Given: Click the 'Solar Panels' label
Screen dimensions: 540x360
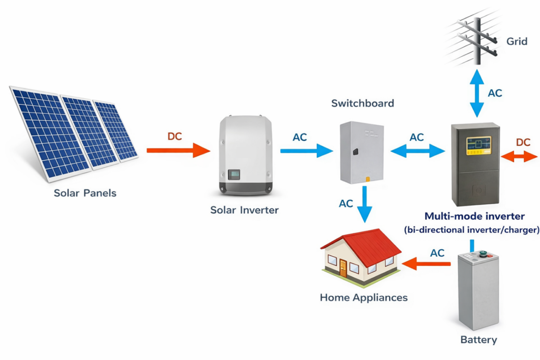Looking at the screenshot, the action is coord(85,193).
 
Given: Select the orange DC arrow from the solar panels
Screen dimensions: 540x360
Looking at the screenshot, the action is coord(178,150).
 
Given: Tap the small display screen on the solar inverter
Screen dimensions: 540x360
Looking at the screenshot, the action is coord(234,175).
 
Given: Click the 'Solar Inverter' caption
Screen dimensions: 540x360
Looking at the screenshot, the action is coord(244,210).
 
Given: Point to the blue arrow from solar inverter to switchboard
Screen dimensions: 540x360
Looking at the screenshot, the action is coord(306,151).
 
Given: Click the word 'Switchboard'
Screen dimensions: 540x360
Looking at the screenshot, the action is coord(363,103).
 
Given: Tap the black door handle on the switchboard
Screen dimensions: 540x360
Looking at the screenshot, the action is coord(355,152).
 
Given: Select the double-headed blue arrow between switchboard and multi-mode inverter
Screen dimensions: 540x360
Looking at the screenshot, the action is coord(418,151).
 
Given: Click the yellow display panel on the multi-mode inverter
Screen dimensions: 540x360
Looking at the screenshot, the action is coord(479,146).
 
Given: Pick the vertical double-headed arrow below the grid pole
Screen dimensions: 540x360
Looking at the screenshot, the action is coord(477,93).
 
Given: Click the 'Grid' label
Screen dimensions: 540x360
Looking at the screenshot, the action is coord(517,41).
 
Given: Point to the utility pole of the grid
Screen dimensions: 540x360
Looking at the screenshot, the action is coord(477,41).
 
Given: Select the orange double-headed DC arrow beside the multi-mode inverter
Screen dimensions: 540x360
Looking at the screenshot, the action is coord(519,157).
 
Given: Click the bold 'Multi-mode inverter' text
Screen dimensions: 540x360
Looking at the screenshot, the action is coord(474,216).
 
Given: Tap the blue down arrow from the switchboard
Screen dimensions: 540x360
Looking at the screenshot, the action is coord(365,204).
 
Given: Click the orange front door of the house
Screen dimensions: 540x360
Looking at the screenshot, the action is coord(343,268).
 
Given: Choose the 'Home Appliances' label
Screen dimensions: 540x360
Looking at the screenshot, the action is coord(364,297).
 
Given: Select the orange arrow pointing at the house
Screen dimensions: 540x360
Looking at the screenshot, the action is coord(426,264).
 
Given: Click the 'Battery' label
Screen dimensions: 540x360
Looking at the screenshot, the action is coord(479,340).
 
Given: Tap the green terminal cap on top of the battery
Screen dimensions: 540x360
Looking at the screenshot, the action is coord(483,253).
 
